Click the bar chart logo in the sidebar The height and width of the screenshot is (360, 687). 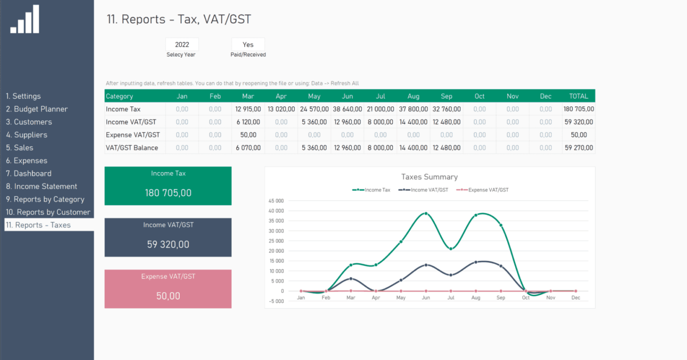coord(25,20)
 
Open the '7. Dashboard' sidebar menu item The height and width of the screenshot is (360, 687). coord(29,174)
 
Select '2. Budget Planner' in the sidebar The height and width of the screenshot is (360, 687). coord(37,109)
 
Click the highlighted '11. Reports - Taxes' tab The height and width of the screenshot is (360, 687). coord(38,225)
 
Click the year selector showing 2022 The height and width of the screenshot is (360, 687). coord(182,45)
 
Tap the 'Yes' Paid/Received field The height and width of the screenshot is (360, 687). coord(248,45)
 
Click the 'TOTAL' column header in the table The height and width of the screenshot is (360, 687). coord(578,96)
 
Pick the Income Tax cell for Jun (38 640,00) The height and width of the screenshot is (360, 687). coord(348,109)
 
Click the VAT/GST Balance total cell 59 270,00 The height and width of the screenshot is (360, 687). coord(578,148)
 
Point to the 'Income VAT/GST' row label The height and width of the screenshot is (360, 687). coord(131,122)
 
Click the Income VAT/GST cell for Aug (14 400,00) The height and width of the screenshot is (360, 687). coord(413,122)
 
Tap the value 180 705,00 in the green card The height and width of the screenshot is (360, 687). coord(168,193)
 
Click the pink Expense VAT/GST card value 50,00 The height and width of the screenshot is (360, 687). coord(168,296)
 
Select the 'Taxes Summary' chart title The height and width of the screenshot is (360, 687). coord(429,177)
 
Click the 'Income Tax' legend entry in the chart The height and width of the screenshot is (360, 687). coord(372,190)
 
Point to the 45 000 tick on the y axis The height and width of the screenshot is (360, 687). coord(276,201)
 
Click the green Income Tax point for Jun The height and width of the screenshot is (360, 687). coord(426,214)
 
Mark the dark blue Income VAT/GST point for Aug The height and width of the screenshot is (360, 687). coord(476,262)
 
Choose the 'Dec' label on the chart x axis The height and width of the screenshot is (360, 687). coord(576,298)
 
